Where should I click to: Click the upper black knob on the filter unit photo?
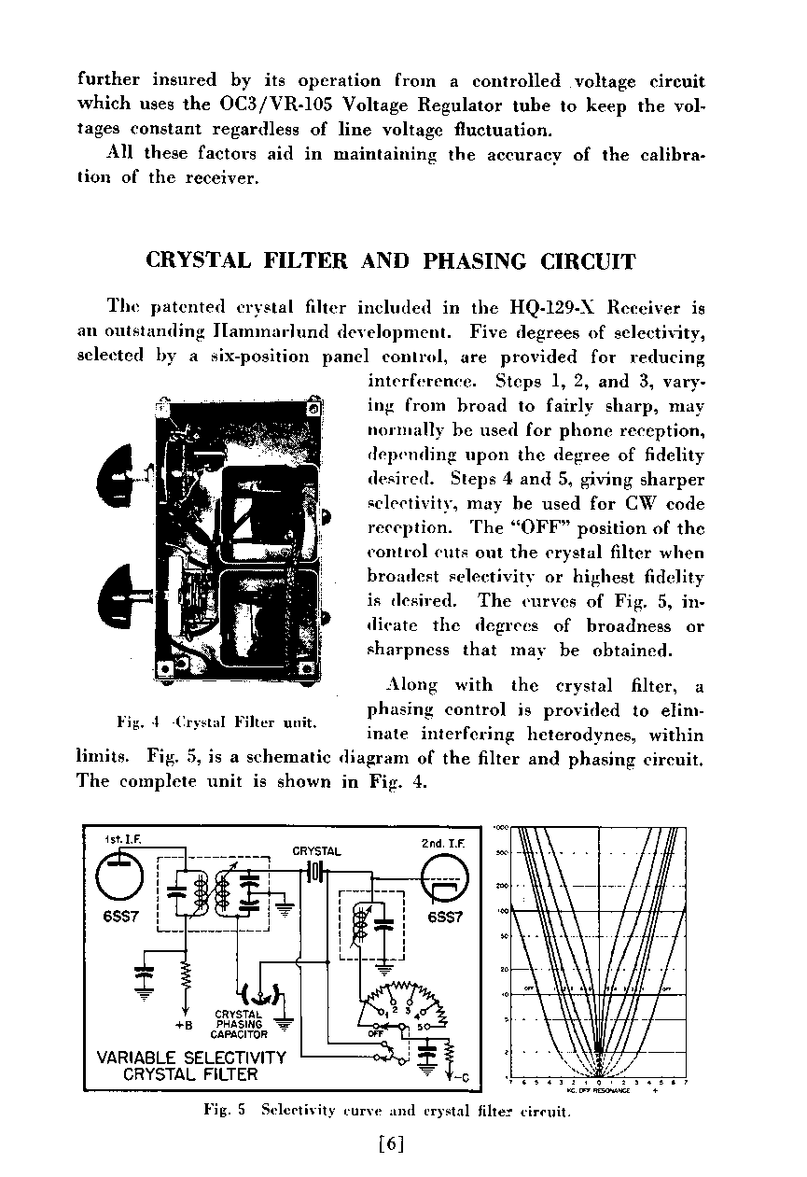(x=123, y=481)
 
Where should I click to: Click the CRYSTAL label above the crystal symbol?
(x=316, y=851)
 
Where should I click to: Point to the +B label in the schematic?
(x=184, y=1024)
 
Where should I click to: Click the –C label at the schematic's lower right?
(x=464, y=1081)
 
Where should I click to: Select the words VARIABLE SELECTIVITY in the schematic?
(x=191, y=1058)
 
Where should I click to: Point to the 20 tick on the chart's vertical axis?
(x=504, y=968)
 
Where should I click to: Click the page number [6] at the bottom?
(x=392, y=1143)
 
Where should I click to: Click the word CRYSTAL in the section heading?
(x=198, y=261)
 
